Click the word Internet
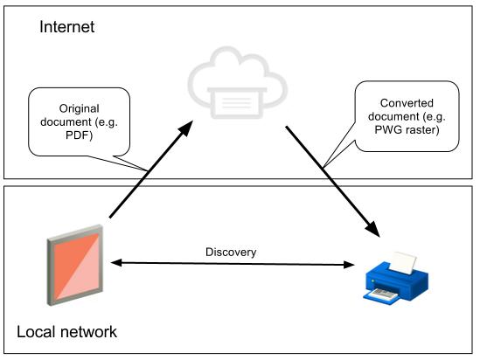click(66, 27)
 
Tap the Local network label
click(66, 332)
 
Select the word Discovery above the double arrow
click(231, 253)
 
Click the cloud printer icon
click(238, 83)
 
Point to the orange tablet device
click(75, 265)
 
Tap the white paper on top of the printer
click(402, 263)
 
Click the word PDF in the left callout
click(79, 135)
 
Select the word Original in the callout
click(80, 108)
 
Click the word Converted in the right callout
click(407, 103)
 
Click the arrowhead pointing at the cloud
click(185, 128)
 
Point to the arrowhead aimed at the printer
click(372, 229)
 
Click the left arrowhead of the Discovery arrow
click(116, 262)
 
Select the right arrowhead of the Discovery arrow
click(349, 265)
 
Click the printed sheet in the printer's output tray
click(383, 294)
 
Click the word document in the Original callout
click(66, 122)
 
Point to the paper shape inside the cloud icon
click(237, 103)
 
